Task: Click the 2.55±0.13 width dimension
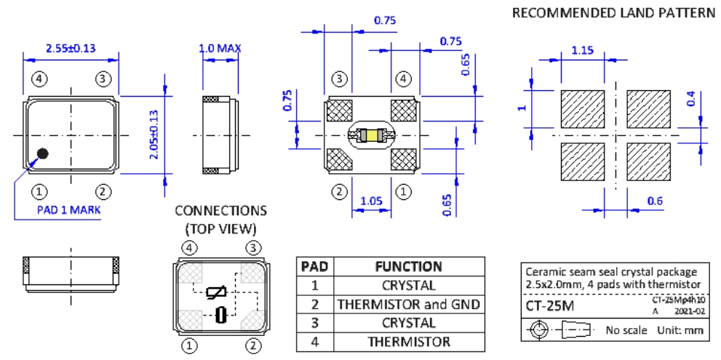(x=71, y=49)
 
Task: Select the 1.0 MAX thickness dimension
(x=220, y=49)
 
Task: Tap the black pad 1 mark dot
(x=43, y=153)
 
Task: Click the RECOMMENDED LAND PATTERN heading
(x=613, y=13)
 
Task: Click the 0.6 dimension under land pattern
(x=654, y=201)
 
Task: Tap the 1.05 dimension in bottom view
(x=372, y=200)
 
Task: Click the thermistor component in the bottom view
(x=371, y=135)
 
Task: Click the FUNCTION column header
(x=408, y=266)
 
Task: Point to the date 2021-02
(x=693, y=311)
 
